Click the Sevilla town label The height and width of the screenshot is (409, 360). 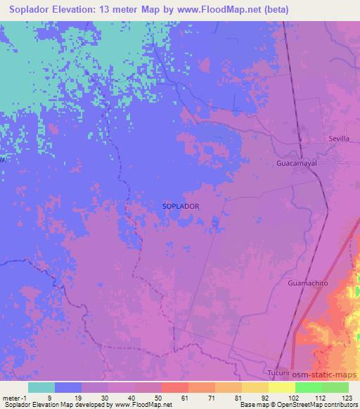(339, 139)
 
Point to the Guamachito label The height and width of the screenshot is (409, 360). (307, 283)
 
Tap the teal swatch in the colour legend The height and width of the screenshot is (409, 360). (41, 387)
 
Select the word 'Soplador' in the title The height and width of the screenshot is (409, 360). (30, 9)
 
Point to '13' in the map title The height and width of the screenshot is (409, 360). (108, 9)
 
